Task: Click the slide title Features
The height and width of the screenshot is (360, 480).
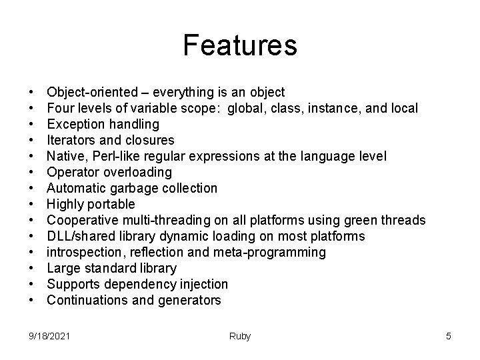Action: (240, 45)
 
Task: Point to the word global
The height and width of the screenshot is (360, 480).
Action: (246, 108)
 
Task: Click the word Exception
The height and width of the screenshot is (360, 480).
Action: (74, 124)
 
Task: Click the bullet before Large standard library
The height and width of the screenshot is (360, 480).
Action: (31, 268)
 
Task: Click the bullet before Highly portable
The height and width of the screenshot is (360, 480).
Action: (31, 204)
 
